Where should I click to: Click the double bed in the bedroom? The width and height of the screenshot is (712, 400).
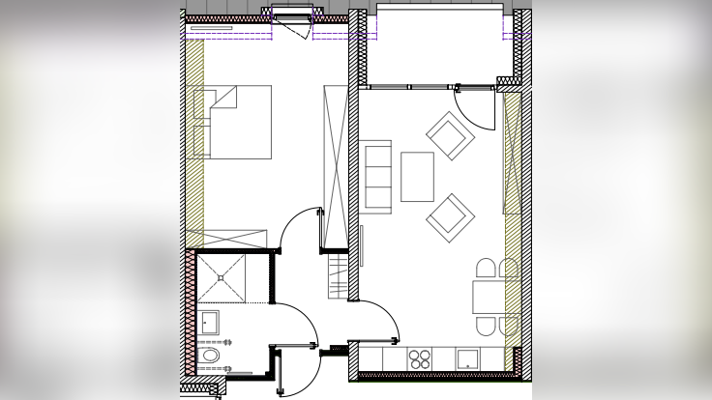tap(232, 122)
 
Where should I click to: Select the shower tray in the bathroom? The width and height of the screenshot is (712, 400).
tap(221, 277)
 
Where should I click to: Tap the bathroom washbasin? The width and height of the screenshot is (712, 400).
tap(209, 322)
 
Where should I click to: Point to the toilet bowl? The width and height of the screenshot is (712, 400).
tap(209, 356)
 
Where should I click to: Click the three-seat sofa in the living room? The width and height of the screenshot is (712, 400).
tap(375, 177)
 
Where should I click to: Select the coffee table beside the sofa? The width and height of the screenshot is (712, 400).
tap(417, 177)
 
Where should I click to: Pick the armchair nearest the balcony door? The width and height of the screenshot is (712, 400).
tap(450, 136)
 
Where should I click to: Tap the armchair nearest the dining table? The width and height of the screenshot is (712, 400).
tap(450, 217)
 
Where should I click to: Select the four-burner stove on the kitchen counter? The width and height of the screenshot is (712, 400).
tap(420, 358)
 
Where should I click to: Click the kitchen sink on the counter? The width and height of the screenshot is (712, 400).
tap(468, 358)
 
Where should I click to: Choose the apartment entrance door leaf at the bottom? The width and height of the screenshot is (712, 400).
tap(280, 373)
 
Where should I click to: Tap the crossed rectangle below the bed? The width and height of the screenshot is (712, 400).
tap(226, 239)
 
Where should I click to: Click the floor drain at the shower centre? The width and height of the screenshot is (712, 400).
tap(221, 277)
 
